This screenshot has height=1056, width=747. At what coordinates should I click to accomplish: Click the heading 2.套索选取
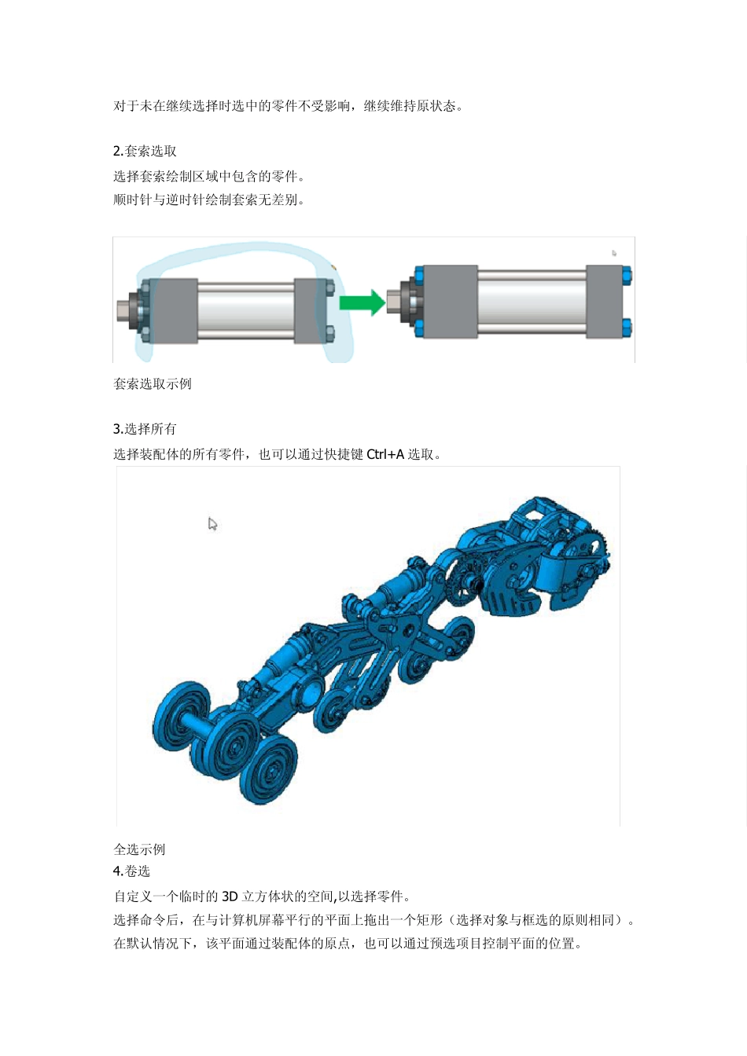point(145,151)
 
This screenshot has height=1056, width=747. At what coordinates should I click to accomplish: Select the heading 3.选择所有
point(145,429)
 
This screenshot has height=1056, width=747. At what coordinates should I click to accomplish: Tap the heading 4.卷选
point(131,871)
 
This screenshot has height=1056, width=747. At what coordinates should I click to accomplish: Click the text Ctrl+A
point(385,454)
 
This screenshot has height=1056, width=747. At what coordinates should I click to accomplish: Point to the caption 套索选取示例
point(153,384)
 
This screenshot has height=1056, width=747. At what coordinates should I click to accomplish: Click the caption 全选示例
point(139,849)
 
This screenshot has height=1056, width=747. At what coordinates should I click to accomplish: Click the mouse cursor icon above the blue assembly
point(212,524)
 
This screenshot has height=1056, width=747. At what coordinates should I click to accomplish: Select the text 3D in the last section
point(230,896)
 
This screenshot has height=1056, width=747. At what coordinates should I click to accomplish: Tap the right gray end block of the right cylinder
point(604,302)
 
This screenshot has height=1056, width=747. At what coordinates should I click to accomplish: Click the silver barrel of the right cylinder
point(532,302)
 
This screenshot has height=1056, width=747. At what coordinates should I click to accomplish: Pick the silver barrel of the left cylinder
point(245,310)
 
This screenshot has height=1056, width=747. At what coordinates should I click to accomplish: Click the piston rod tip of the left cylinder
point(123,308)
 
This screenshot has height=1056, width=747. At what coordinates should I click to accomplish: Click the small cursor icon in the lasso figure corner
point(614,253)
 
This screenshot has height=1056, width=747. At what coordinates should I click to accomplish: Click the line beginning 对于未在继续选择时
point(288,106)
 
